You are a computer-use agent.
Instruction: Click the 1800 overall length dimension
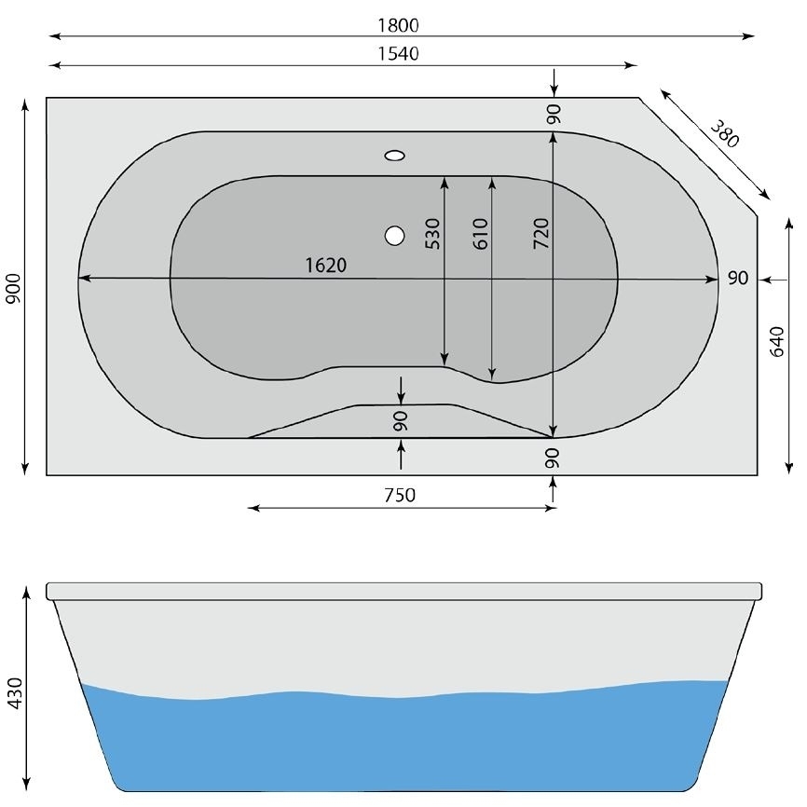point(399,24)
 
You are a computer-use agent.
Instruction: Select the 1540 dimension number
point(399,53)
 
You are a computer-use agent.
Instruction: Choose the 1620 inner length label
point(325,266)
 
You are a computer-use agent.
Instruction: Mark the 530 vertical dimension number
point(432,233)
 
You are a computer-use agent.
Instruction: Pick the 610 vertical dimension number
point(480,233)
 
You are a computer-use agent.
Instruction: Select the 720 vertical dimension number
point(540,233)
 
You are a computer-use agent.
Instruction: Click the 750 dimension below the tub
point(399,495)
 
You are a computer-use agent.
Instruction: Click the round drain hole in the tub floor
point(395,236)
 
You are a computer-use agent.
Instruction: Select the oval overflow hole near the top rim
point(395,157)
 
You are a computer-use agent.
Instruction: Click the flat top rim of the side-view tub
point(403,591)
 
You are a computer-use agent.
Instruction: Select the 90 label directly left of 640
point(737,279)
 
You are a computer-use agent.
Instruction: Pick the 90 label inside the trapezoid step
point(401,420)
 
